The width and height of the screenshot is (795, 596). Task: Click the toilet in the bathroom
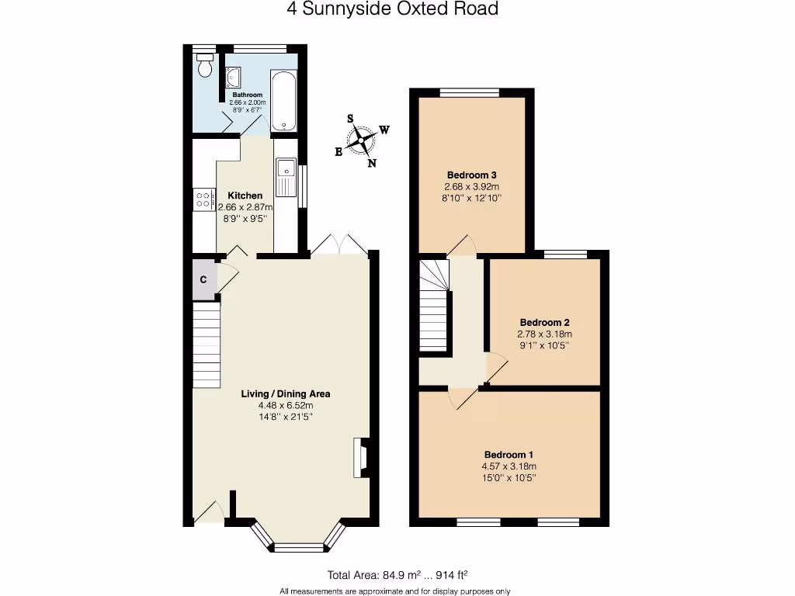205,67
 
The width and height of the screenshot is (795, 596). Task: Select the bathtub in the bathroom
283,100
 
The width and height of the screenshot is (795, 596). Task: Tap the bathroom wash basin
234,77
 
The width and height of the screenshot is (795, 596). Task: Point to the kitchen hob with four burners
204,199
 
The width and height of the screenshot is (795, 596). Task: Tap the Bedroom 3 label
471,175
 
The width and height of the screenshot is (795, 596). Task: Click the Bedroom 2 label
545,322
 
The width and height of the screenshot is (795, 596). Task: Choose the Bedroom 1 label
509,455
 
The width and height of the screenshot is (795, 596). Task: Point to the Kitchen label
245,196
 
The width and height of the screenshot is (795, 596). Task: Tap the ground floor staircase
207,345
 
